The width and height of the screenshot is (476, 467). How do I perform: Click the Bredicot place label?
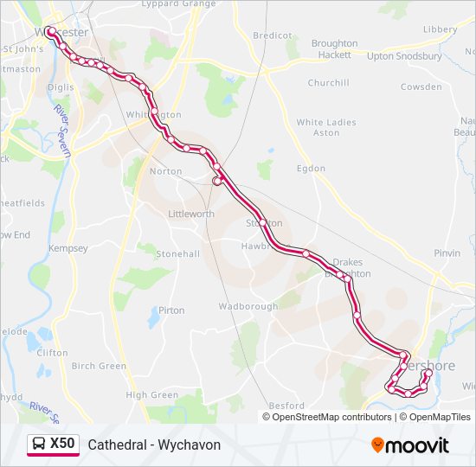point(272,35)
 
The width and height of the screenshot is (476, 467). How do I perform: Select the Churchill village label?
point(328,83)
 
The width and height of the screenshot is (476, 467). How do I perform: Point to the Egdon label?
point(311,169)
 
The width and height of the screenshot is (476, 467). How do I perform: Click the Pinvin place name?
point(447,253)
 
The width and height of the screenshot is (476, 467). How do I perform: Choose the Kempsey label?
point(68,248)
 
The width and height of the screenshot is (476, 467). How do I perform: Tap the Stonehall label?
point(177,254)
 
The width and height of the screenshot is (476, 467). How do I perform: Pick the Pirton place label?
point(171,310)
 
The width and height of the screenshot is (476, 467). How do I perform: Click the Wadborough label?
point(248,306)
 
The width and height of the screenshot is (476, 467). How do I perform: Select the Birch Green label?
point(99,366)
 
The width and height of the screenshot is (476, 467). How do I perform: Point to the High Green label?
point(151,395)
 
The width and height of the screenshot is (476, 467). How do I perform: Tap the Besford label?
point(286,406)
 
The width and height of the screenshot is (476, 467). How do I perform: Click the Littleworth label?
point(191,214)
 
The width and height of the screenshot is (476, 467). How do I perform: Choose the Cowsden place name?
point(421,87)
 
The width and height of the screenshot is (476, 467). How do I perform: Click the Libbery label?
point(440,29)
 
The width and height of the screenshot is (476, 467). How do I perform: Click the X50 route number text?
point(62,444)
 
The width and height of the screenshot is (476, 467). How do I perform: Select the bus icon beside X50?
point(39,445)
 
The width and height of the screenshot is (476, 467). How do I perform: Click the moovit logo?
point(410,445)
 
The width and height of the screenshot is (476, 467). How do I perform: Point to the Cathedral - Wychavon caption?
point(154,445)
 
